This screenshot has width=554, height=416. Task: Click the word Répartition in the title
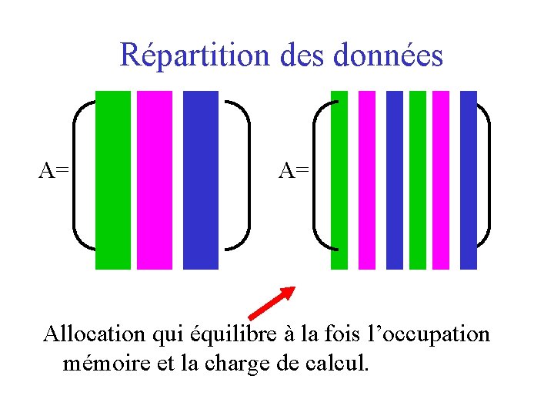[x=193, y=55]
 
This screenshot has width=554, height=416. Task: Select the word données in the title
[x=395, y=55]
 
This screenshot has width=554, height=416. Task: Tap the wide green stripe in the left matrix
[x=113, y=180]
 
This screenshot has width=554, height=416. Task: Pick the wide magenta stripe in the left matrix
[x=155, y=180]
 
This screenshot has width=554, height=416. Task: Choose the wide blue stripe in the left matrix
[x=201, y=180]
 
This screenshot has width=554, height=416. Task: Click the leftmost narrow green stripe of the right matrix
[x=339, y=180]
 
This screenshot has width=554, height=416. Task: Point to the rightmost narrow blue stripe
[x=469, y=180]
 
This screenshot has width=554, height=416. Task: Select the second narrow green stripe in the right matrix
[x=418, y=180]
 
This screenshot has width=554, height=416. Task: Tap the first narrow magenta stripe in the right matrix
[x=367, y=180]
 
